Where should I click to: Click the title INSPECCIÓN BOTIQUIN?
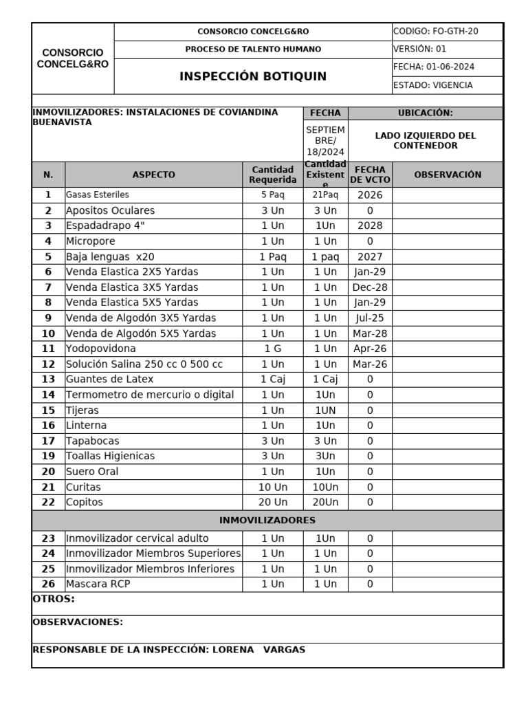tap(252, 76)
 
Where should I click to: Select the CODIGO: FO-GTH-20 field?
tap(436, 32)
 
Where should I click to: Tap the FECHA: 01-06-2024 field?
tap(433, 67)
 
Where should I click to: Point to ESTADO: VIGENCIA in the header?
tap(432, 85)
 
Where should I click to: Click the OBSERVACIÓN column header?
tap(448, 175)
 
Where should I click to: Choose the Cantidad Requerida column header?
tap(273, 175)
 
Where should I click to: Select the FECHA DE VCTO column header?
tap(370, 175)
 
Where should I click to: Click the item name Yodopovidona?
tap(101, 349)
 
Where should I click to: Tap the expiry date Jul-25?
tap(370, 318)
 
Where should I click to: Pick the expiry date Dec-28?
tap(370, 287)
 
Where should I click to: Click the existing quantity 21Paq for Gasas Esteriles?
tap(325, 195)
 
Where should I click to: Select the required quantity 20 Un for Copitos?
tap(273, 502)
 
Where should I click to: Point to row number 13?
tap(48, 379)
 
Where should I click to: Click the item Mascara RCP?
tap(98, 584)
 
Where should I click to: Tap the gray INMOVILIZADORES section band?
tap(267, 520)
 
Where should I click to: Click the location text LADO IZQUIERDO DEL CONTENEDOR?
tap(425, 140)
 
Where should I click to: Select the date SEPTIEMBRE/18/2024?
tap(325, 140)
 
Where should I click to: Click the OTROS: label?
tap(54, 599)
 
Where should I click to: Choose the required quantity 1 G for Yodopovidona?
tap(273, 349)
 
